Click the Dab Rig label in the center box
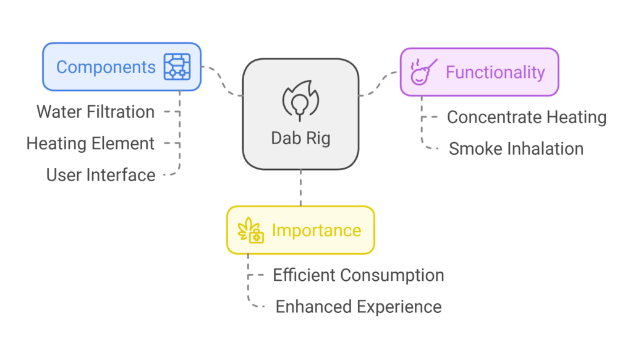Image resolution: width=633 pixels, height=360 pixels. coord(300,137)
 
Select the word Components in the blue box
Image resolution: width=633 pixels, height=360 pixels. coord(106,67)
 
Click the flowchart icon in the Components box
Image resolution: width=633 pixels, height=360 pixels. coord(177,67)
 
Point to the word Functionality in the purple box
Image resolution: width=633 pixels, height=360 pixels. coord(495,72)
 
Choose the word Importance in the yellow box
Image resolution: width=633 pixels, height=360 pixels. coord(316,230)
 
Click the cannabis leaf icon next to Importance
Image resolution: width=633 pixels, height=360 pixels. coord(252,230)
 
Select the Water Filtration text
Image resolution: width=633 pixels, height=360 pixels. coord(96,112)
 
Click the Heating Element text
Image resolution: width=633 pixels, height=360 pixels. coord(90,144)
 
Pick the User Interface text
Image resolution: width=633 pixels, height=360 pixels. coord(101,175)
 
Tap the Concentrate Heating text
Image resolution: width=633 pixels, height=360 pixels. coord(527,117)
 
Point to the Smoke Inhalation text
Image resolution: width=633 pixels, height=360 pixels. coord(516,148)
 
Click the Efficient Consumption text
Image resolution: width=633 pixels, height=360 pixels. coord(359,275)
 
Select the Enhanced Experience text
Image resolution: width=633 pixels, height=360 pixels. coord(359,306)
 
